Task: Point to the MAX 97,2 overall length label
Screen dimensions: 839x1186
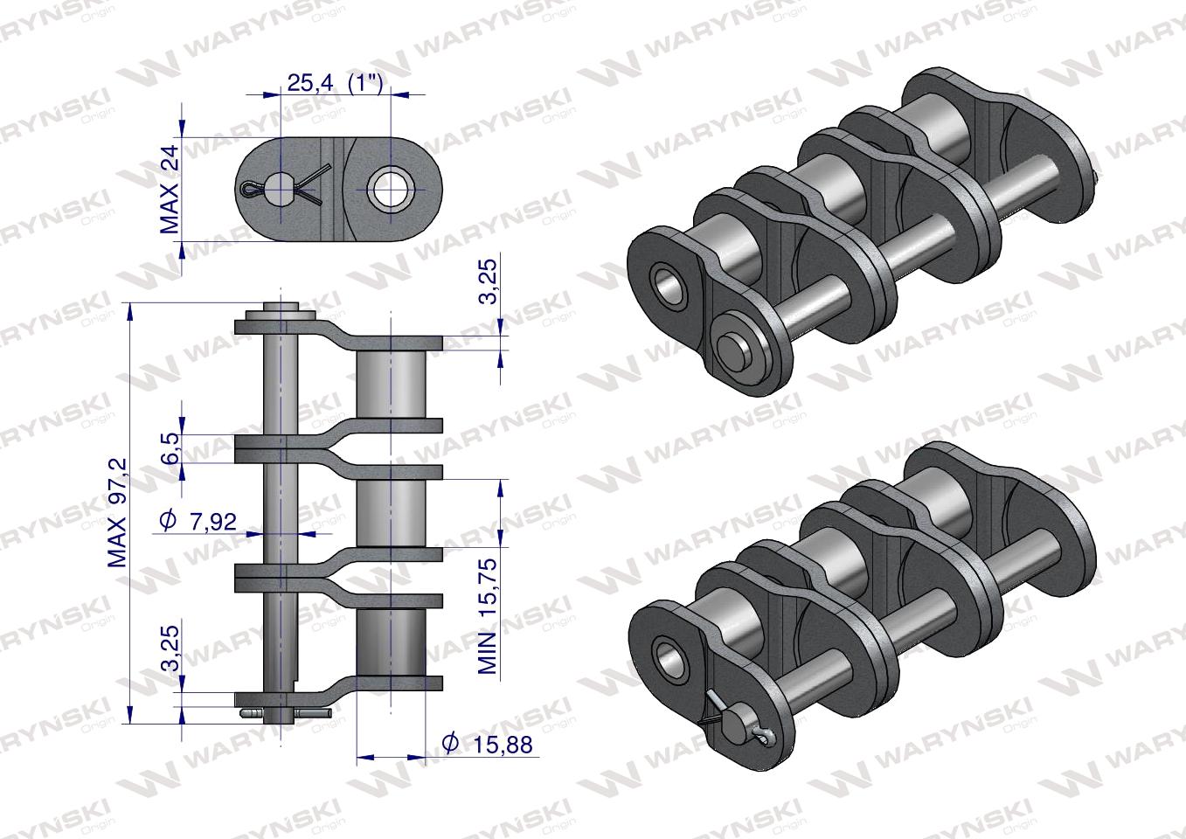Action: pyautogui.click(x=118, y=513)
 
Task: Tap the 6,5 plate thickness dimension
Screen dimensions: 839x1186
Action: pyautogui.click(x=170, y=447)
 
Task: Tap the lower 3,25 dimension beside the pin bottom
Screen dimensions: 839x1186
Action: pyautogui.click(x=170, y=647)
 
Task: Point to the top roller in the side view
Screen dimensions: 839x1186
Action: pyautogui.click(x=391, y=385)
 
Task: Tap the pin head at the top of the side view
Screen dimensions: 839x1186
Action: pyautogui.click(x=280, y=310)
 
